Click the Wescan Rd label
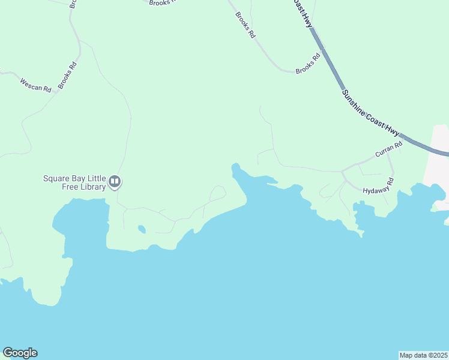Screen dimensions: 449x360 [x=35, y=85]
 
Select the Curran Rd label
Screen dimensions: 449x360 [x=388, y=151]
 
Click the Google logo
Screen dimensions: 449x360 [x=20, y=353]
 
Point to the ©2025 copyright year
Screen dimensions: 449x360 [x=438, y=355]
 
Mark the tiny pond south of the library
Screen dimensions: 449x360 [x=141, y=229]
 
